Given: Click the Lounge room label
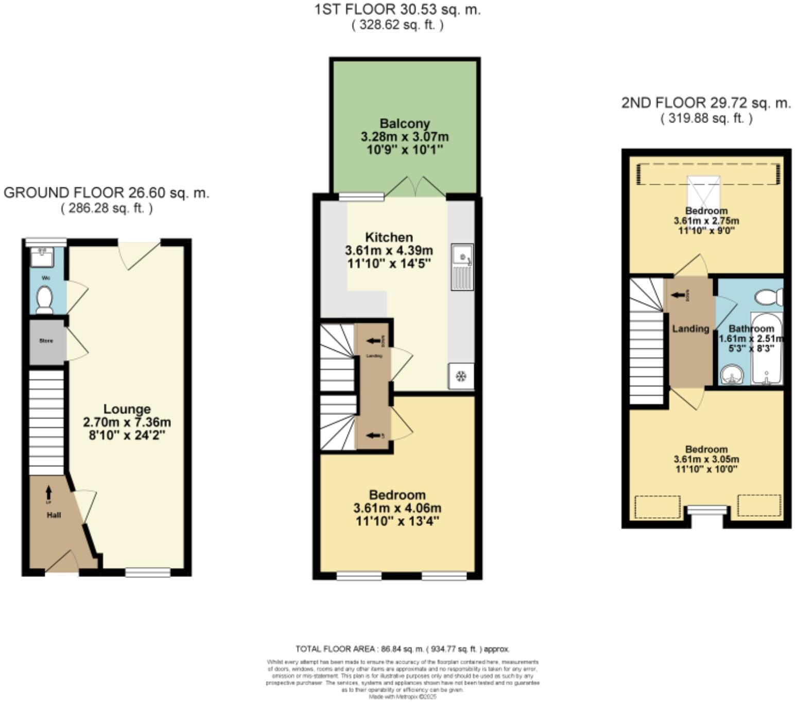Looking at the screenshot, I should tap(127, 409).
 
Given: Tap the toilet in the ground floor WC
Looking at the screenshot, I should tap(45, 300).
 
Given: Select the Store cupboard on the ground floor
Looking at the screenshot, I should tap(46, 341).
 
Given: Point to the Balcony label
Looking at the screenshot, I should tap(404, 124).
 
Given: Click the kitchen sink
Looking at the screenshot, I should tap(462, 267).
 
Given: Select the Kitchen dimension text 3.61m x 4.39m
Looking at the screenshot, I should tap(389, 251).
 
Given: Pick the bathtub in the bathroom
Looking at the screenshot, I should tap(766, 350).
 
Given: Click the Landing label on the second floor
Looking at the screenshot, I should tap(690, 328).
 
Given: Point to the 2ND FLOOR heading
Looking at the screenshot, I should tap(705, 103).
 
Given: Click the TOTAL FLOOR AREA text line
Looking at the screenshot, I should tap(402, 649).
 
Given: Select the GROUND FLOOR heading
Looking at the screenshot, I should tap(106, 193).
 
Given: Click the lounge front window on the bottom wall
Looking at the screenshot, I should tap(148, 572).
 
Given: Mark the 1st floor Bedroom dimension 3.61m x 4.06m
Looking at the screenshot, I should tap(397, 508).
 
